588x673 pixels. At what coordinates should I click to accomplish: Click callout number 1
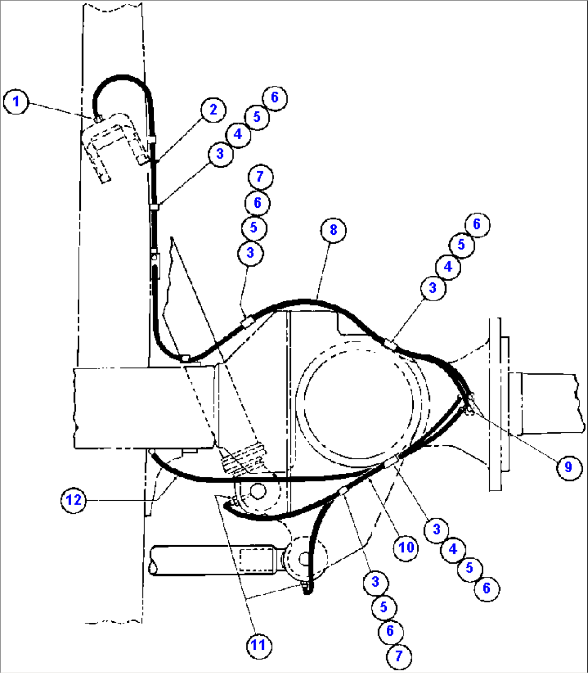pos(16,101)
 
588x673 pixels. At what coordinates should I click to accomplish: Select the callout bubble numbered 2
pos(213,110)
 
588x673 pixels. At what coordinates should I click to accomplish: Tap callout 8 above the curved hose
pos(333,230)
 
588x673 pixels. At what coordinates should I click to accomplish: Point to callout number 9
pos(568,466)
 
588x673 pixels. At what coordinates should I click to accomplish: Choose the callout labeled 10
pos(406,547)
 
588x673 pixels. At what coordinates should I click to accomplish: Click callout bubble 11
pos(258,645)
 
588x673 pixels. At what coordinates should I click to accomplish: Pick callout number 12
pos(74,500)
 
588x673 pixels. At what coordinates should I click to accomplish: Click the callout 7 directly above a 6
pos(260,176)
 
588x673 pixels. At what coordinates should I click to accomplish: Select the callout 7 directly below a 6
pos(399,655)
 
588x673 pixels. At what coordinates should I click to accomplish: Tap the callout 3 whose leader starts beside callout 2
pos(220,154)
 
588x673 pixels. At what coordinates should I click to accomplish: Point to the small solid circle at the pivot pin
pos(257,491)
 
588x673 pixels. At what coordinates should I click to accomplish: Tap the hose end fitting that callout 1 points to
pos(97,118)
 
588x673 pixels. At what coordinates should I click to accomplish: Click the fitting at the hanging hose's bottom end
pos(306,588)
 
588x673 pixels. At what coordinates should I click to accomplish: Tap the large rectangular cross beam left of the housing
pos(146,407)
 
